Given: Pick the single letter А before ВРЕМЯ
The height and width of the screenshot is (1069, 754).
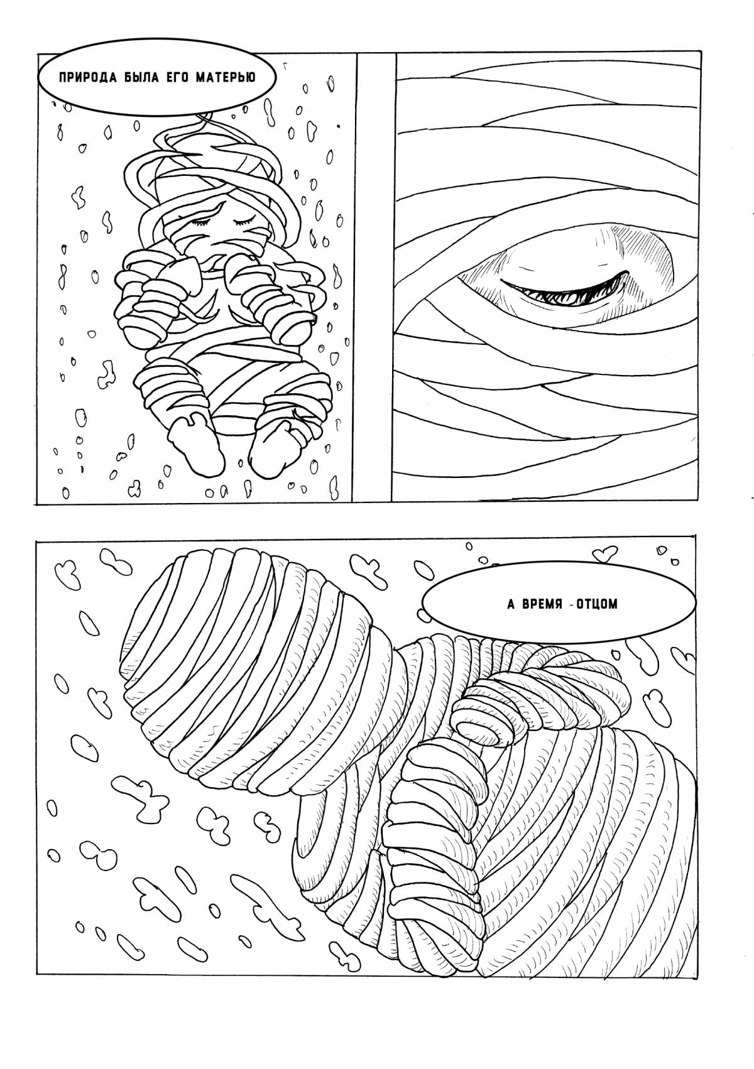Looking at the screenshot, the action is point(511,605).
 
